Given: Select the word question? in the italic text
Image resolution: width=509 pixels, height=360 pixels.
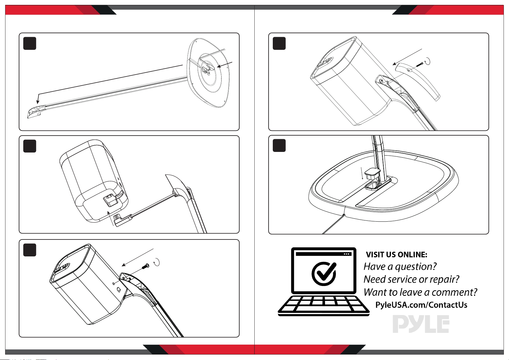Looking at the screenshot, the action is tap(416, 267).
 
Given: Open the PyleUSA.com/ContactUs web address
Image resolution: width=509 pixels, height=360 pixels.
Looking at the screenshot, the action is tap(421, 305).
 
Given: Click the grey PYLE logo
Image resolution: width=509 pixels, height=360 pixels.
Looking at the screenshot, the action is tap(421, 324).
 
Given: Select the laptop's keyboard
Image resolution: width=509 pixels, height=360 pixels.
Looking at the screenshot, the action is tap(324, 306).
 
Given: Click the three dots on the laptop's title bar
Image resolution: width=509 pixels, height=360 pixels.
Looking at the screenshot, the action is tap(346, 254).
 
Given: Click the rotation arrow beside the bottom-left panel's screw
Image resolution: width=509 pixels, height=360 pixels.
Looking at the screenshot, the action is tap(156, 262).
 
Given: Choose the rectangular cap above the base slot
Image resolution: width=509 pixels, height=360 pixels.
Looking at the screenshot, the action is tap(372, 174).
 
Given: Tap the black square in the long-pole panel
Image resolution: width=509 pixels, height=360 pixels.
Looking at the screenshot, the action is tap(30, 43).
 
